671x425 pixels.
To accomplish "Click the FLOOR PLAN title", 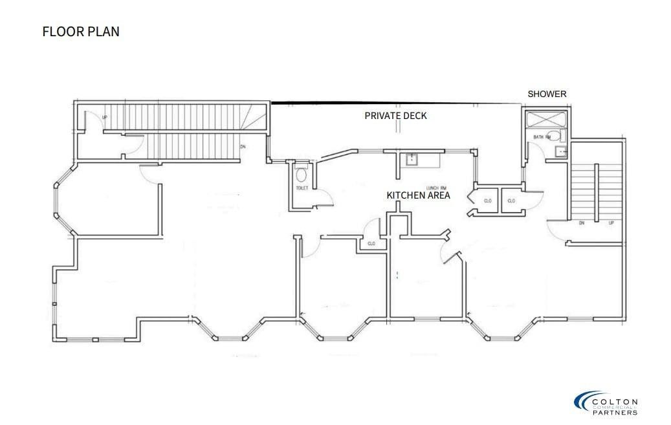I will [81, 31].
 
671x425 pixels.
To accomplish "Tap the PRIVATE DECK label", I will [395, 116].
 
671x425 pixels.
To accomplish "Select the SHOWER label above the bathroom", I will [547, 94].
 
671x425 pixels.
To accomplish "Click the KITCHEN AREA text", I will [418, 195].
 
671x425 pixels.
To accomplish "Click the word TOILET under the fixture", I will [302, 188].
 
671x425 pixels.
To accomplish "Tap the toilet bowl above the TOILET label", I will [301, 174].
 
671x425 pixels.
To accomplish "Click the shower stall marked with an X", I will [545, 120].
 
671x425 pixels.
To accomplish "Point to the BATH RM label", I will [542, 137].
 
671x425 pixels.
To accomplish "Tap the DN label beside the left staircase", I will [243, 146].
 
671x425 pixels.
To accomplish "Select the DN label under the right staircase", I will [581, 223].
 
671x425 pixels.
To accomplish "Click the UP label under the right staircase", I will [611, 223].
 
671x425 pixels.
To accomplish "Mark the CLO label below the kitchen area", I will [371, 244].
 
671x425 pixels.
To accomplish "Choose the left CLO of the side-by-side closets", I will [487, 201].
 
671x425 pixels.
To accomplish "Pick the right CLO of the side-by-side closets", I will [511, 201].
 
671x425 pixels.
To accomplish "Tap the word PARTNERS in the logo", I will [615, 412].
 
